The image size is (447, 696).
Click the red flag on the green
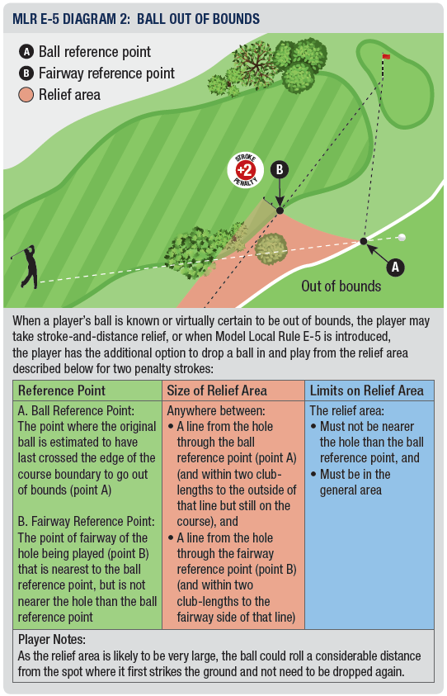pos(386,56)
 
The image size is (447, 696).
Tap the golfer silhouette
pos(27,267)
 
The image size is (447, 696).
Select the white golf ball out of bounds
pos(402,238)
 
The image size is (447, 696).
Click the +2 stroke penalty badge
pos(245,170)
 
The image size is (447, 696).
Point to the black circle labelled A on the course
pos(395,268)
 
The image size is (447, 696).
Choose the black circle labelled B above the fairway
pos(280,169)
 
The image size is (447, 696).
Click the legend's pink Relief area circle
pos(26,95)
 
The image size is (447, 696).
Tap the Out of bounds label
pos(341,286)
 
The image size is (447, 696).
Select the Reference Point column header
pos(62,391)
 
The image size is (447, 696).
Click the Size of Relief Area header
pos(217,391)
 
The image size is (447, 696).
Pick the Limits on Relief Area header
pos(367,391)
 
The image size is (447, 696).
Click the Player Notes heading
pos(52,640)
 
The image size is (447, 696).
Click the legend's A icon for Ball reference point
pos(26,52)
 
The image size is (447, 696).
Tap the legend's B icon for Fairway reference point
pos(26,73)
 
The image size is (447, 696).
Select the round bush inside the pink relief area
pos(271,249)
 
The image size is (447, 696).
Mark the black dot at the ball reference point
pos(364,241)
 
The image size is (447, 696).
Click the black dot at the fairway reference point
pos(280,211)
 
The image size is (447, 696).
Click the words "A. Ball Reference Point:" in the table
pos(76,410)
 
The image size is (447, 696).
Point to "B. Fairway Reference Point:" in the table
pos(86,521)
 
